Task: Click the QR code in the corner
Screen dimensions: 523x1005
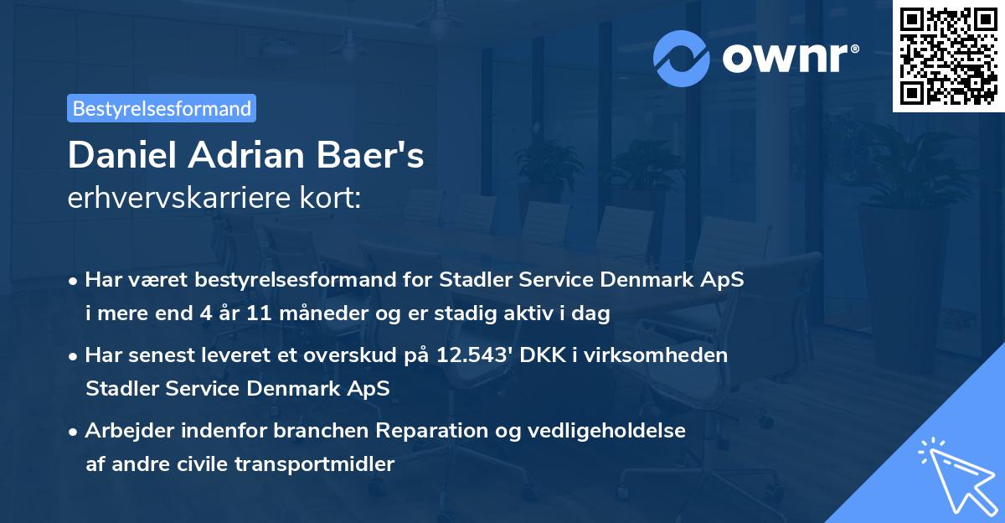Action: click(x=949, y=55)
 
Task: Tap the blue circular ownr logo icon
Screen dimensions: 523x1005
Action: click(x=682, y=59)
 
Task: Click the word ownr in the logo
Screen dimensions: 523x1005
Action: click(x=787, y=59)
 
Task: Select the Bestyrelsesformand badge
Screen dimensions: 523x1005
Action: click(x=162, y=108)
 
